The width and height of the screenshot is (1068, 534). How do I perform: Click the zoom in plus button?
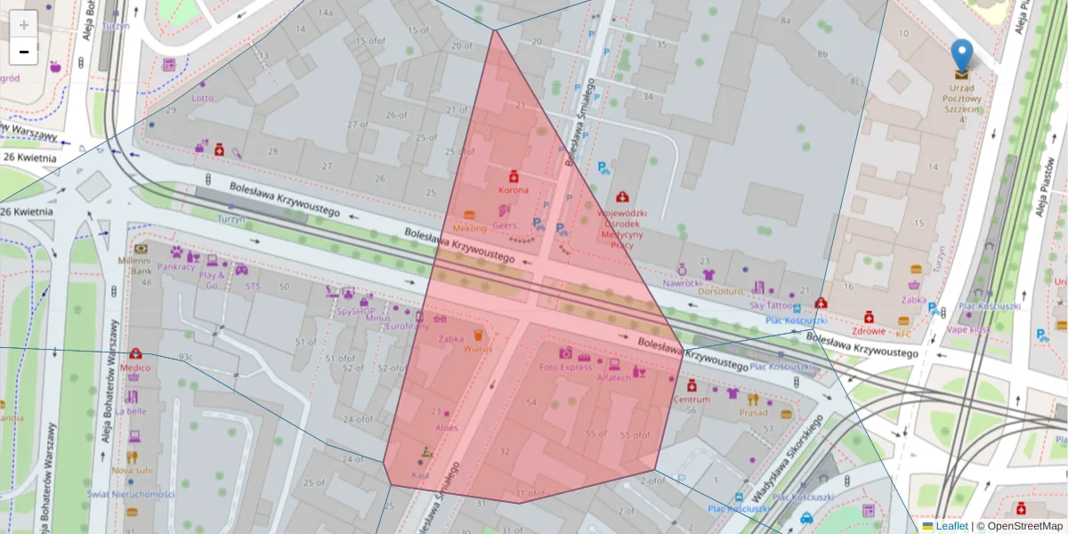[24, 25]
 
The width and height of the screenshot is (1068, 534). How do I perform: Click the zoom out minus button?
[24, 52]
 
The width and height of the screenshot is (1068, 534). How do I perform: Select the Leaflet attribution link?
[951, 526]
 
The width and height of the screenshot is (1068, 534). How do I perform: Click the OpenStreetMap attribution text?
[1023, 526]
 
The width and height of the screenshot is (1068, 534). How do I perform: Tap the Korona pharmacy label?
[513, 190]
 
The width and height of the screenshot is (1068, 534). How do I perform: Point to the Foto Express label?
[565, 367]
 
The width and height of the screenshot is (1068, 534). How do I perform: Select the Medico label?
[135, 367]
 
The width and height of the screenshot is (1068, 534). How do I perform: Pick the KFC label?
[903, 334]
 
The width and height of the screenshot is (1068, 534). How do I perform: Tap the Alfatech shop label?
[614, 377]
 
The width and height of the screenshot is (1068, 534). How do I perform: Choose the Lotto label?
[203, 98]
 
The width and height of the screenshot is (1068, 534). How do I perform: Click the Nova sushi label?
[132, 470]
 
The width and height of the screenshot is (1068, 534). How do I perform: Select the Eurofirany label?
[407, 327]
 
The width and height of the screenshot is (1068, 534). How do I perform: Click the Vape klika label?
[968, 328]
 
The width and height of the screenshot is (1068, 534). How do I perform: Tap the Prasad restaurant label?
[753, 412]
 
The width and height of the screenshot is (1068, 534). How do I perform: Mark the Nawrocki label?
[683, 282]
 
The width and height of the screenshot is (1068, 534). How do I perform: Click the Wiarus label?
[477, 349]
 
